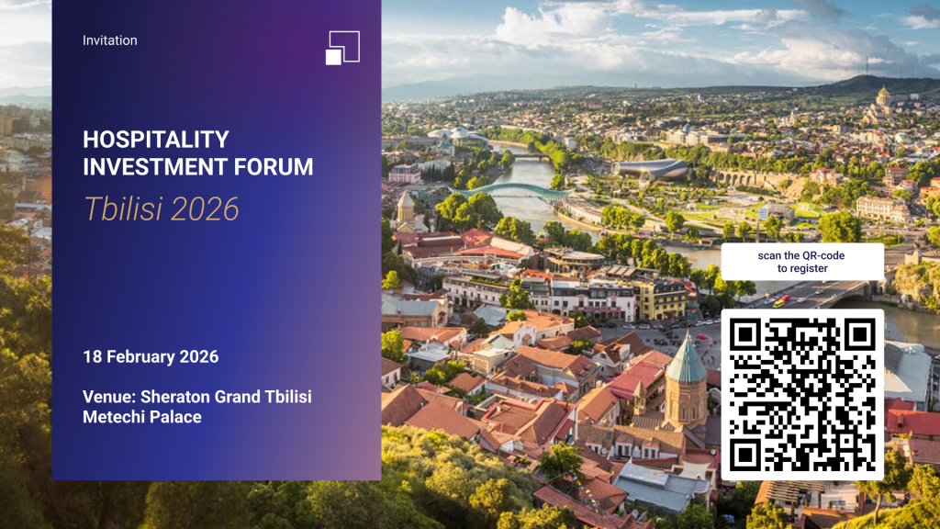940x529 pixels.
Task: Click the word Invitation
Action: coord(110,40)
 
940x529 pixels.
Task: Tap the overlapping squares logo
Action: coord(342,48)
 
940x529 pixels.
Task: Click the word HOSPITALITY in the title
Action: coord(156,140)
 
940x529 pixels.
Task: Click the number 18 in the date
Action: coord(92,356)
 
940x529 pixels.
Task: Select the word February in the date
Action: coord(140,356)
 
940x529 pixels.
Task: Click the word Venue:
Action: coord(109,397)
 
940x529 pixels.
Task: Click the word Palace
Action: coord(176,417)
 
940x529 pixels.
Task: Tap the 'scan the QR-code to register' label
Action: coord(802,262)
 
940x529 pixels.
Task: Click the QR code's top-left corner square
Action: coord(745,334)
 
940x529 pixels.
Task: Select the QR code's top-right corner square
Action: coord(859,334)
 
